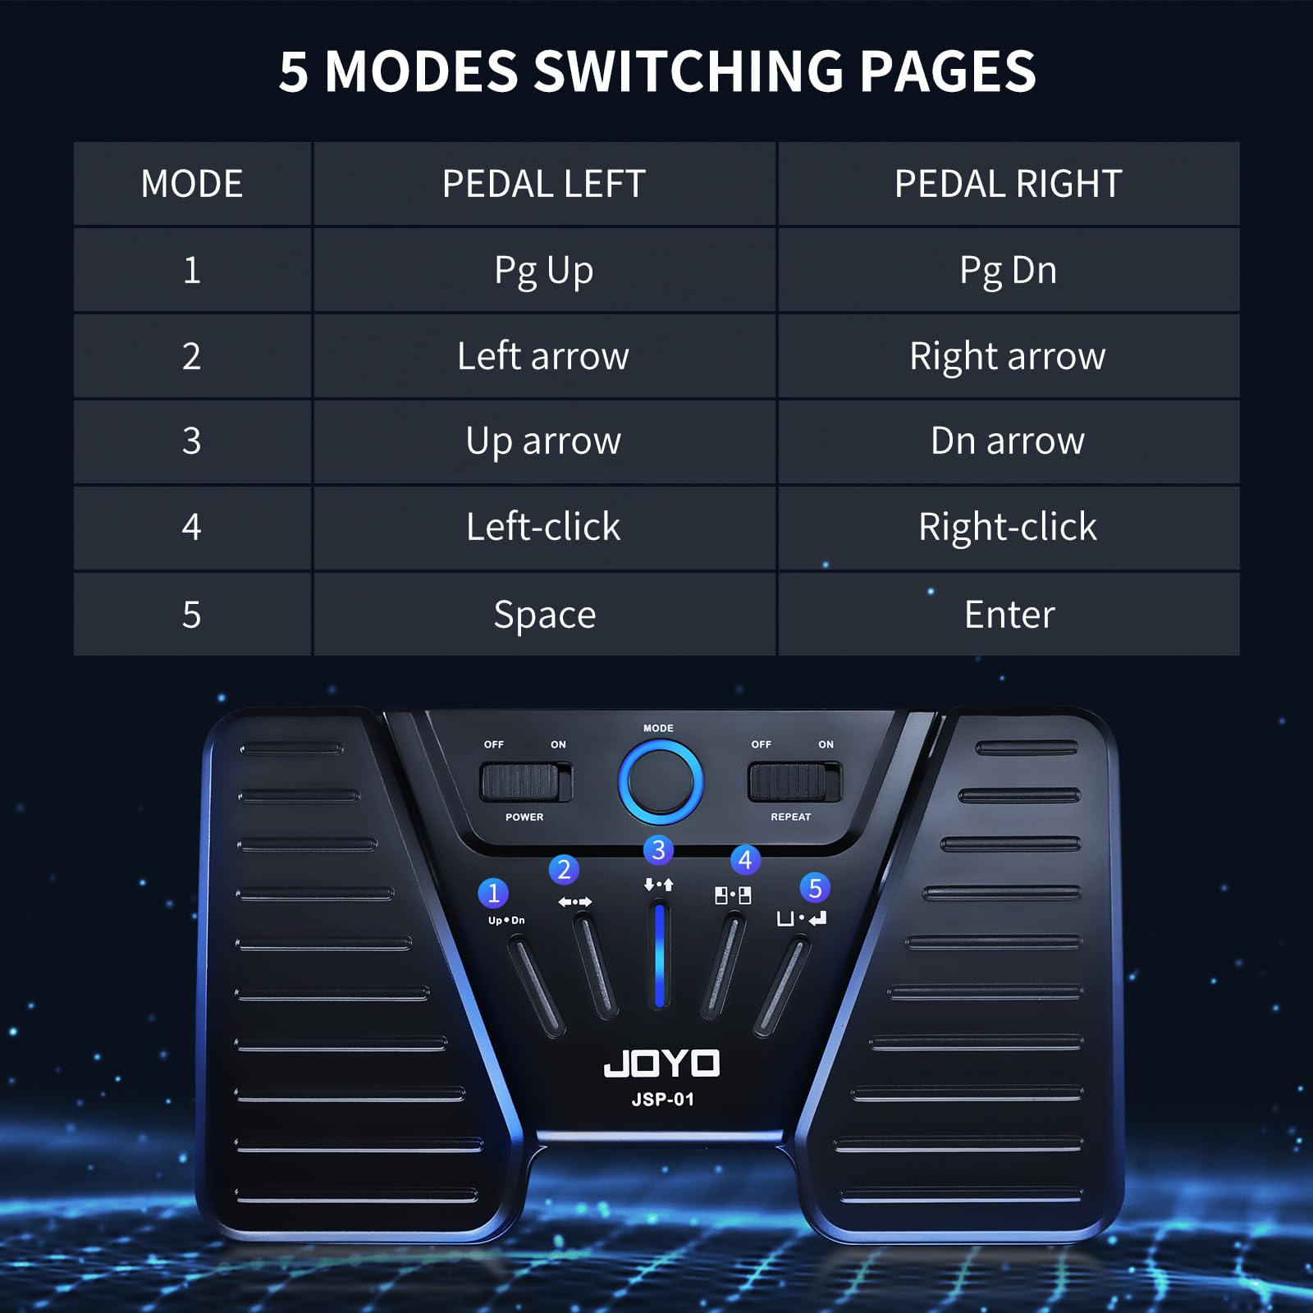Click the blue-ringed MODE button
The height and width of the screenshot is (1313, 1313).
(x=660, y=782)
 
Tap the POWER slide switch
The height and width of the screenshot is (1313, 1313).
(x=525, y=782)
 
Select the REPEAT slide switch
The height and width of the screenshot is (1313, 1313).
(x=794, y=782)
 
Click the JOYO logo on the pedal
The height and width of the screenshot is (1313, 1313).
(x=661, y=1064)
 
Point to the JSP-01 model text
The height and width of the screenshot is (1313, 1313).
(x=662, y=1100)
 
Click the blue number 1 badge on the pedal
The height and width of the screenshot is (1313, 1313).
(x=493, y=893)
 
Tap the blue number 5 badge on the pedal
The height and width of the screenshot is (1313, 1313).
(x=815, y=888)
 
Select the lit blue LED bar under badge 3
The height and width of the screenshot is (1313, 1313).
(x=659, y=956)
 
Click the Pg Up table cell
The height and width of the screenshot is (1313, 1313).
(x=543, y=270)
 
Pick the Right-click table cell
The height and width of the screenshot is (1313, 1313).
(x=1007, y=527)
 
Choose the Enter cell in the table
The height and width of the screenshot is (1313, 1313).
(x=1009, y=615)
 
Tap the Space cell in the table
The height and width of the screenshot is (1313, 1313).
(x=544, y=615)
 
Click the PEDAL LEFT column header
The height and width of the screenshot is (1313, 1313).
(x=543, y=184)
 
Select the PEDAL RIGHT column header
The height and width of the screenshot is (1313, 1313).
(x=1008, y=184)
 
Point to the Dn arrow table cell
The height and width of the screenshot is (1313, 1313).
(x=1007, y=441)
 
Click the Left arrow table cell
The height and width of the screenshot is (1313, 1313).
(x=543, y=356)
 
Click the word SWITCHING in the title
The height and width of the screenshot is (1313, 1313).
(x=689, y=71)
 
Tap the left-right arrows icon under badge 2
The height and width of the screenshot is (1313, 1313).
(x=574, y=902)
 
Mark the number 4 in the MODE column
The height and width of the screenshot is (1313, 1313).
(x=191, y=527)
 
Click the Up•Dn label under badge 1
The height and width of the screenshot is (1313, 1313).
(x=506, y=921)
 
